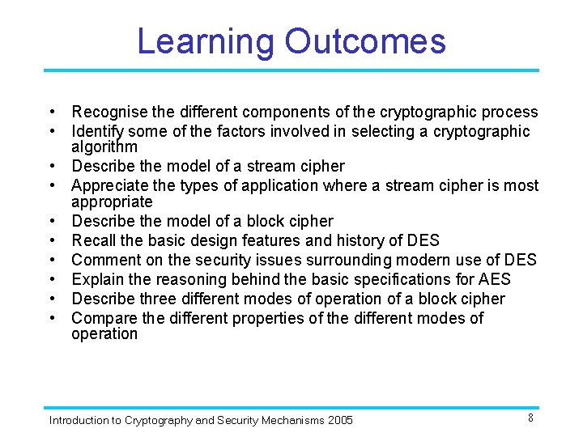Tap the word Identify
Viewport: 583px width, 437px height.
98,131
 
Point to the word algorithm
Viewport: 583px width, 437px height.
104,146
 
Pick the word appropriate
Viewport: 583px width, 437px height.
112,202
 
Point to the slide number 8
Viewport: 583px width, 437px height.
530,418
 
